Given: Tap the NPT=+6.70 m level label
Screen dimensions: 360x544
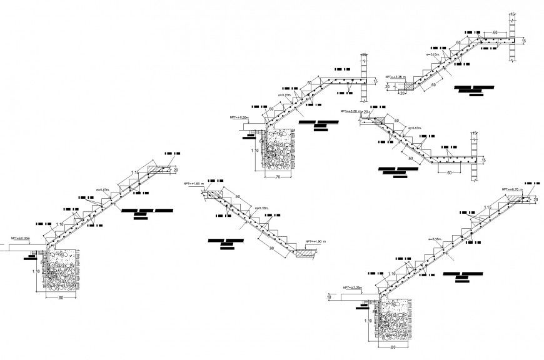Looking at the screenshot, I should (513, 189).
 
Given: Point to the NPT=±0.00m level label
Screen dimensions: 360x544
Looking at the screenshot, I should (21, 238).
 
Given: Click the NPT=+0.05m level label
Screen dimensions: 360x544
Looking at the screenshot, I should (239, 117).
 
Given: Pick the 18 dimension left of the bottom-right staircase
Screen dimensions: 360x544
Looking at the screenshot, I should (329, 298).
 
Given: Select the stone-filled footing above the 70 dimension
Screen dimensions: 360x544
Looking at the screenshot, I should (278, 150).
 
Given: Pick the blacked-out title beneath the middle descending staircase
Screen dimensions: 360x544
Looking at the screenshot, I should (226, 242).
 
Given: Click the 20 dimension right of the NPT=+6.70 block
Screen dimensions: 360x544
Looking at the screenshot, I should (535, 199).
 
